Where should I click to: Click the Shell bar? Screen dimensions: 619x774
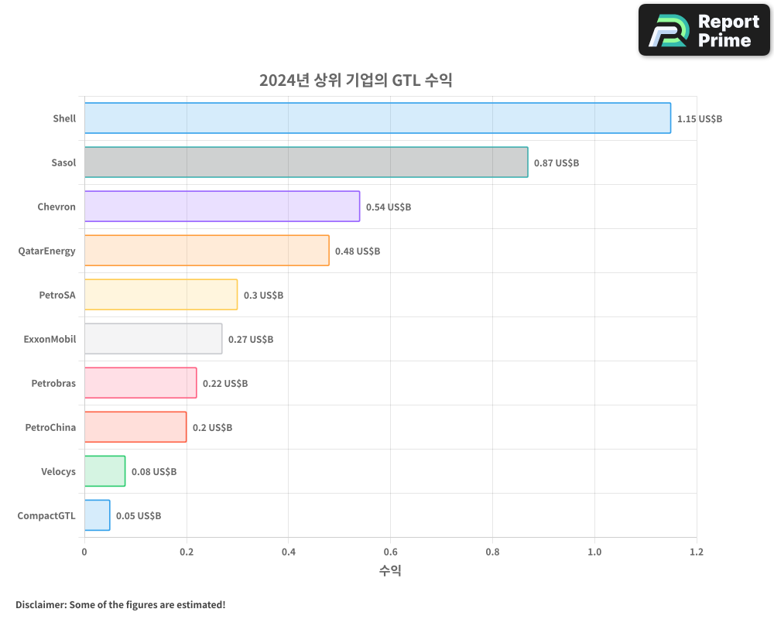[377, 118]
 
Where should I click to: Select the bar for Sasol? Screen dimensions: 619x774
[306, 162]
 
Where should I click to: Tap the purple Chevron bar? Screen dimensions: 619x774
[221, 207]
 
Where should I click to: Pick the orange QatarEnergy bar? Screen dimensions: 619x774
[206, 251]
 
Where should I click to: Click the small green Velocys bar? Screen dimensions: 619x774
[104, 471]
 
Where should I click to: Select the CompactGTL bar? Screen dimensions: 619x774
[97, 515]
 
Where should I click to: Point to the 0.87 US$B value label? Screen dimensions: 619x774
[557, 163]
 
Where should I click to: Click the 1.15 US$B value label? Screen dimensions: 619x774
[699, 119]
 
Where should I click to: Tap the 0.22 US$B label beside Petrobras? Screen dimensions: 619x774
[225, 384]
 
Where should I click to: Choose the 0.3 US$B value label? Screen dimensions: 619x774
[263, 296]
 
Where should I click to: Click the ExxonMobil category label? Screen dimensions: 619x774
[50, 339]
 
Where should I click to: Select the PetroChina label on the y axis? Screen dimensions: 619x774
[50, 427]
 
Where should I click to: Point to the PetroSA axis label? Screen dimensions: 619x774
[57, 295]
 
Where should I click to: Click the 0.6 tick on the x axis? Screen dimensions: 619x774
[390, 552]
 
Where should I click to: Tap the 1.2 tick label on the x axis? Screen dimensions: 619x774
[696, 552]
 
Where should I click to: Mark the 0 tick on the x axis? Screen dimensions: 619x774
[84, 552]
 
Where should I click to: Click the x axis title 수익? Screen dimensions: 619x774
[390, 571]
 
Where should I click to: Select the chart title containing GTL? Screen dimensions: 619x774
[355, 80]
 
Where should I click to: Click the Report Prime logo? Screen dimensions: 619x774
[704, 30]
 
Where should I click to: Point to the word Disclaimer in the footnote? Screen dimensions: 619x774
[39, 604]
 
